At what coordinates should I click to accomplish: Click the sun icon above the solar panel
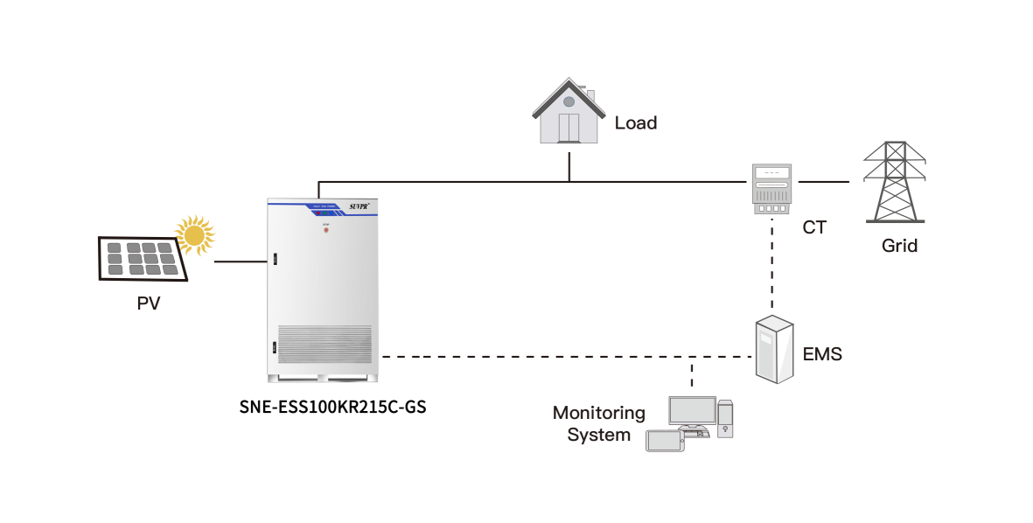[x=194, y=234]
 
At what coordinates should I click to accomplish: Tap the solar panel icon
[x=141, y=259]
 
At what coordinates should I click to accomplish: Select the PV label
[x=149, y=303]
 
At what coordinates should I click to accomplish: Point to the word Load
[x=636, y=122]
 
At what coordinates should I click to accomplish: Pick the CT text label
[x=814, y=228]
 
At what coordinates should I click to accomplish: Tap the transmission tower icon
[x=894, y=183]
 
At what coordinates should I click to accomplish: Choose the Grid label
[x=899, y=246]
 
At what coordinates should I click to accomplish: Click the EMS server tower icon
[x=775, y=350]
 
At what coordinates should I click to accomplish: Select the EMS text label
[x=823, y=354]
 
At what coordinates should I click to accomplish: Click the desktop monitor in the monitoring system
[x=692, y=410]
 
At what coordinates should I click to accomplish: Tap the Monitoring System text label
[x=599, y=423]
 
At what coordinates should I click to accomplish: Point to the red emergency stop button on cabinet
[x=325, y=232]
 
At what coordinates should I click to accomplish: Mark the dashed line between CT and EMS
[x=773, y=267]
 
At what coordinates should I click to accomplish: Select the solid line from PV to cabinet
[x=240, y=261]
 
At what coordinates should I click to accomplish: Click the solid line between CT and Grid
[x=823, y=183]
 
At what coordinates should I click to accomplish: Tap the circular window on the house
[x=569, y=101]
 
